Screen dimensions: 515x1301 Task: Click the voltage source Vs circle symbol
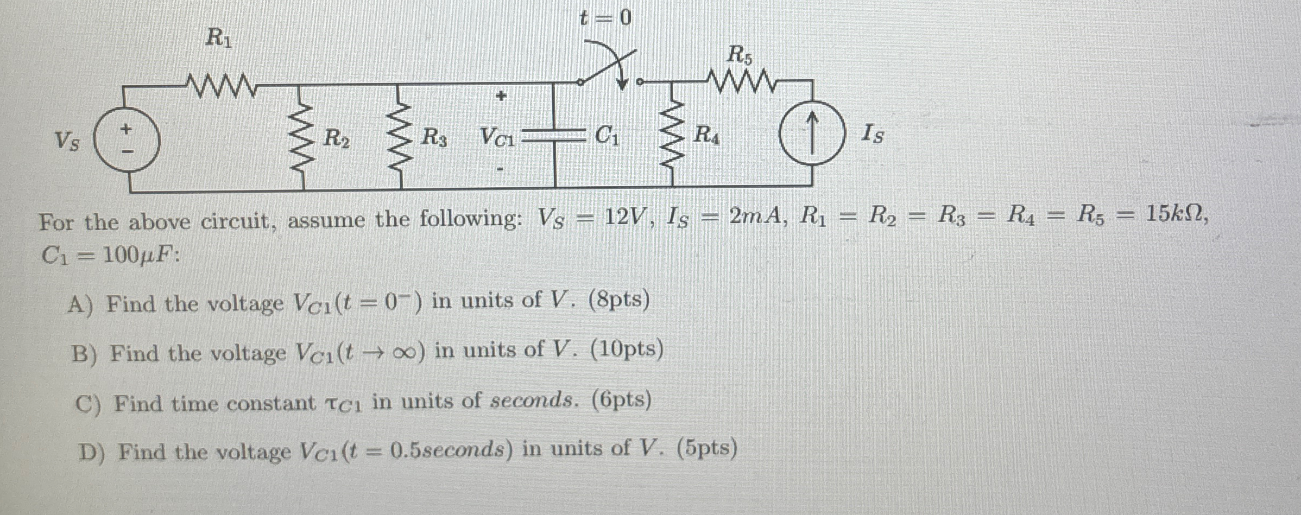pos(127,139)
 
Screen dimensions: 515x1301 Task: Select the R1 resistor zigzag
pos(220,85)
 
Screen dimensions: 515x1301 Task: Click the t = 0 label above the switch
pos(605,18)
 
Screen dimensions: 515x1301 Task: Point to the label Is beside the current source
pos(872,133)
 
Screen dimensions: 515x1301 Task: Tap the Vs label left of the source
pos(67,142)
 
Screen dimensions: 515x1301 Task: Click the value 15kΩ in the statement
pos(1176,215)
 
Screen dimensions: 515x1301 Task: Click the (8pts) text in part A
pos(619,300)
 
